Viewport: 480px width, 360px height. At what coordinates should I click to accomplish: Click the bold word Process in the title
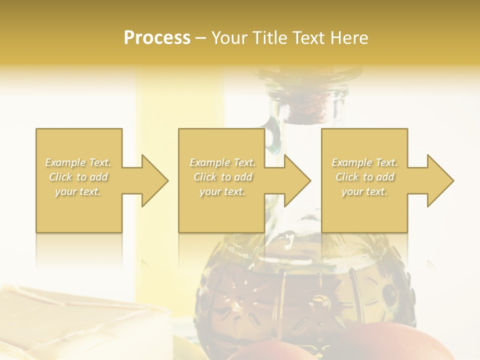tap(157, 38)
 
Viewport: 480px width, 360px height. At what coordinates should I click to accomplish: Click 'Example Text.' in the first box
tap(78, 162)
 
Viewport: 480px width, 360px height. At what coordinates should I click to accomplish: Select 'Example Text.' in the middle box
tap(222, 162)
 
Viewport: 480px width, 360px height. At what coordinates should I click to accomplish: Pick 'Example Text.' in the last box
tap(364, 162)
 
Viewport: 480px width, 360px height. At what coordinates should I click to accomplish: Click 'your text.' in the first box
tap(78, 191)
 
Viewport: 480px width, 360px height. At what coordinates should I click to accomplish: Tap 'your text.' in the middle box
tap(222, 191)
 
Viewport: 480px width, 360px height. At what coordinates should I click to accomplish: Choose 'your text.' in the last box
tap(364, 191)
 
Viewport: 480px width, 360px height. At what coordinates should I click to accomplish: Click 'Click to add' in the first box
tap(78, 177)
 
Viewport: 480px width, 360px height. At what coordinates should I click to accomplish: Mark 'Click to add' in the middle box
tap(222, 177)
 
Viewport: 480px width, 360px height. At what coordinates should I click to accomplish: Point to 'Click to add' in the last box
tap(364, 177)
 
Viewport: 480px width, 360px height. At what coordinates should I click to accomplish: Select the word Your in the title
tap(228, 38)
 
